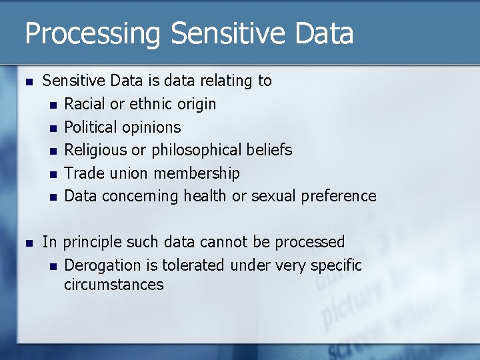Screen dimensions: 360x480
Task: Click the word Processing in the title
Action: tap(93, 33)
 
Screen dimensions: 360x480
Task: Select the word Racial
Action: tap(85, 104)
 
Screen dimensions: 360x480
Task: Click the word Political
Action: tap(90, 127)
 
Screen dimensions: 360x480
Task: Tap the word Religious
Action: tap(95, 150)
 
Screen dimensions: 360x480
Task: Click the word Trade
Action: tap(81, 173)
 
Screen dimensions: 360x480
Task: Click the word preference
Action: tap(339, 196)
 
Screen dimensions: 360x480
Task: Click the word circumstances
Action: tap(113, 285)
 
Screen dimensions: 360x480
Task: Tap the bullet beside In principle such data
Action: tap(27, 243)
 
